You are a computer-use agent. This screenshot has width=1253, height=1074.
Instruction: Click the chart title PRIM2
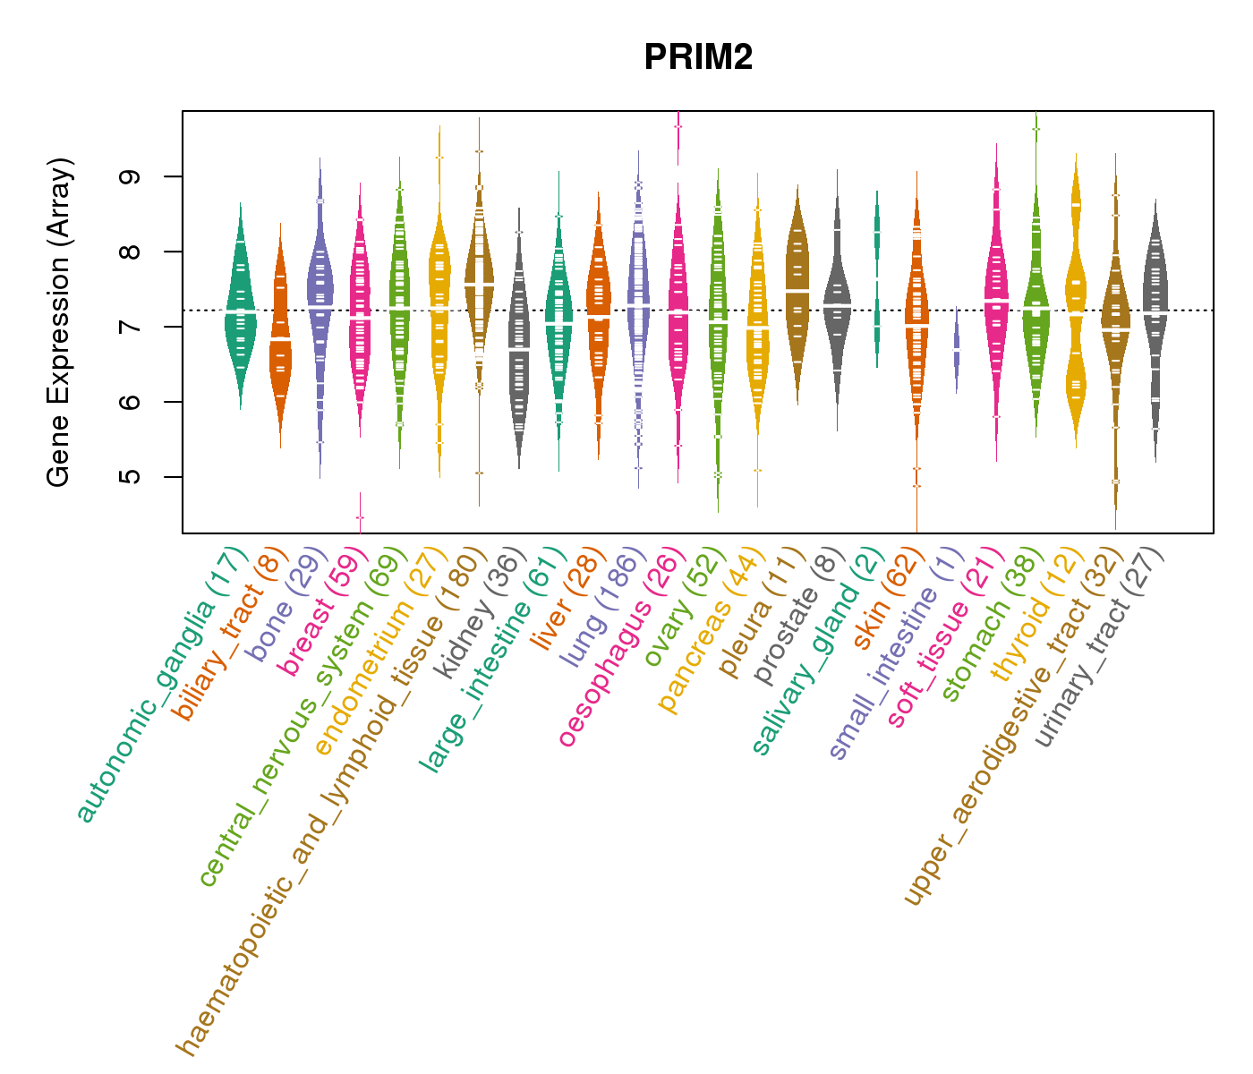[x=698, y=58]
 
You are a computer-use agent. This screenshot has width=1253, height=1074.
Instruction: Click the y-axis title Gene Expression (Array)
[x=59, y=322]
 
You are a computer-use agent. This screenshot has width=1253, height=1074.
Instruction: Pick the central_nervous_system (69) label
[x=303, y=716]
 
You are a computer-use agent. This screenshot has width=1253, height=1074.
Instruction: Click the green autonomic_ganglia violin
[x=240, y=309]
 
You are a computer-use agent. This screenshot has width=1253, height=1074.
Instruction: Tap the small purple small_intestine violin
[x=957, y=349]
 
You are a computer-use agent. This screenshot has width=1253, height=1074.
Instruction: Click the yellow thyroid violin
[x=1076, y=304]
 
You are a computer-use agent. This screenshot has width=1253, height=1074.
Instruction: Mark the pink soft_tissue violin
[x=996, y=295]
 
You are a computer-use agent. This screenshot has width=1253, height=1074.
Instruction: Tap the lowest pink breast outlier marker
[x=360, y=517]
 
